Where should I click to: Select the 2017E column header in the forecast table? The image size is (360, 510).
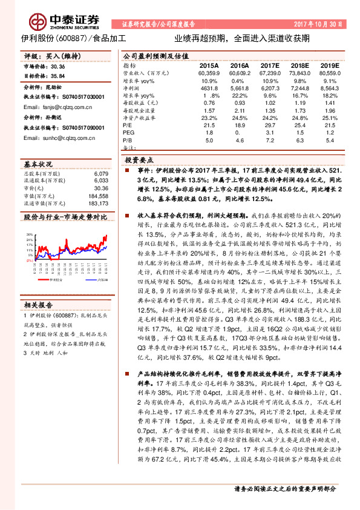coord(269,65)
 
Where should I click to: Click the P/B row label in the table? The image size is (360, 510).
coord(127,139)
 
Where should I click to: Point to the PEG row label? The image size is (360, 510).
coord(128,131)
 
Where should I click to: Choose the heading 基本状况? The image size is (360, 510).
coord(36,164)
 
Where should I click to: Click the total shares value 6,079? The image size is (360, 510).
coord(101,173)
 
